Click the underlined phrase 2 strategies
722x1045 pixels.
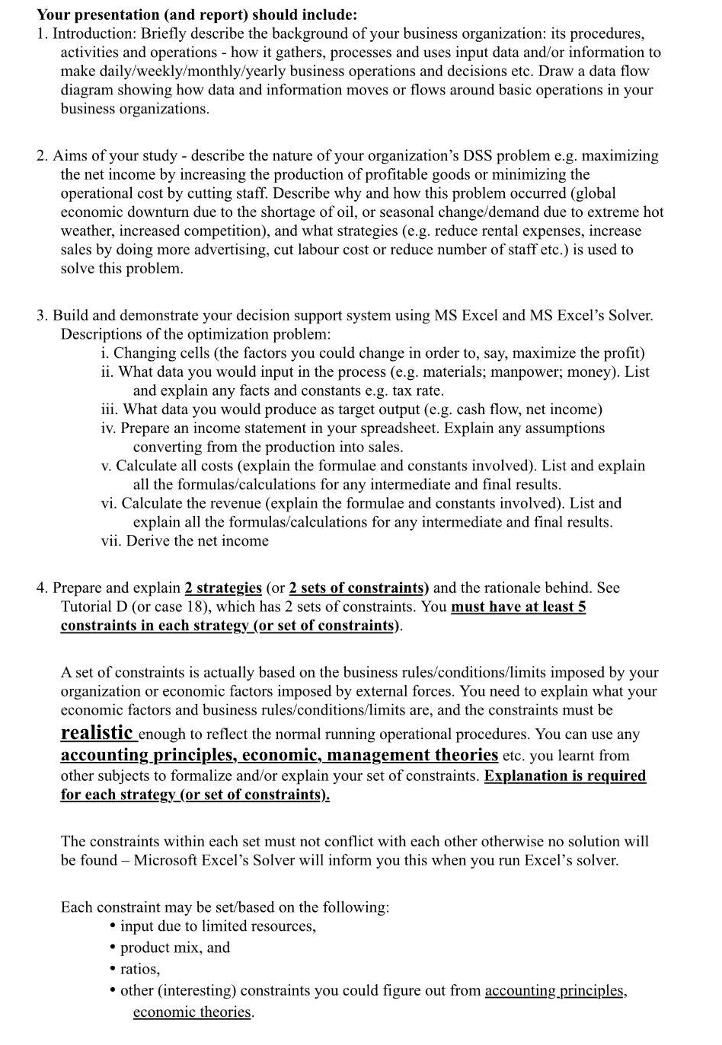pos(223,588)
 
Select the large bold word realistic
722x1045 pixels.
pos(97,733)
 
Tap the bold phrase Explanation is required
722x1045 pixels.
pos(565,776)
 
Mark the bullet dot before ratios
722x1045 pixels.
pos(113,969)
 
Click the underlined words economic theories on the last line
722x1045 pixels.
pos(192,1012)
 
